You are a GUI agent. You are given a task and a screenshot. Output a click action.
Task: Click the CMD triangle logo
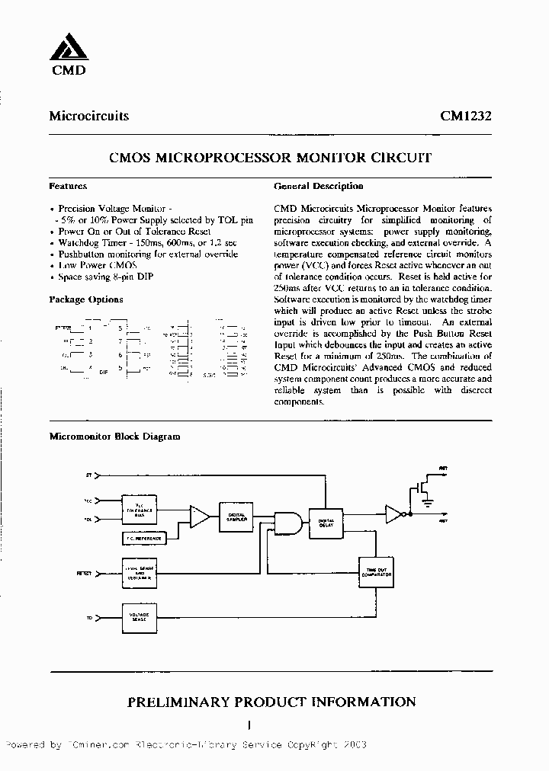pos(69,49)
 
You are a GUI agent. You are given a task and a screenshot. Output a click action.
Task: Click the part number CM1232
pos(465,117)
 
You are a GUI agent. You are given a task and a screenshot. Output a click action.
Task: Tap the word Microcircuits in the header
pos(88,117)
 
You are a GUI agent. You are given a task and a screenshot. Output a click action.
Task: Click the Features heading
pos(68,186)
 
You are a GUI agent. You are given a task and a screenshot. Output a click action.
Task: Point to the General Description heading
pos(318,186)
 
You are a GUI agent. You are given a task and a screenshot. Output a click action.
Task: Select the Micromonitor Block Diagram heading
pos(114,437)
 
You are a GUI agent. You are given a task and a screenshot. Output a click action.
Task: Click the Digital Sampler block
pos(236,516)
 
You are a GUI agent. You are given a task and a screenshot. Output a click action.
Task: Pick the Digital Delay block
pos(327,522)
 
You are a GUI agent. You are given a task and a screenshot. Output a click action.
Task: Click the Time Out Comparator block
pos(375,572)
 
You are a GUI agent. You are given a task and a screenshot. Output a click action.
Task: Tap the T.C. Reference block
pos(143,538)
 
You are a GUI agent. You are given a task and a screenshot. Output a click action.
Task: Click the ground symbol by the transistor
pos(428,501)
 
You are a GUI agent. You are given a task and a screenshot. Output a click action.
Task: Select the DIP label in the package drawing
pos(104,373)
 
